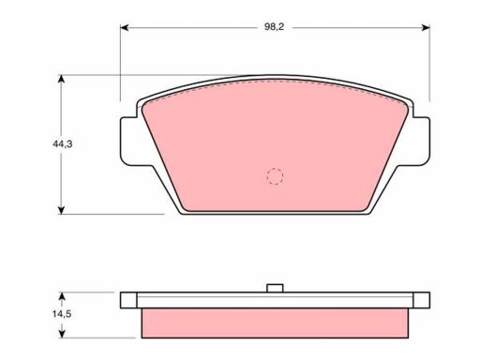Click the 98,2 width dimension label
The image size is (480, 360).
point(274,27)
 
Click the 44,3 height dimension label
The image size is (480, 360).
point(63,144)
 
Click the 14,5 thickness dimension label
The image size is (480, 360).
point(62,314)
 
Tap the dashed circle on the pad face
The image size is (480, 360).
point(275,176)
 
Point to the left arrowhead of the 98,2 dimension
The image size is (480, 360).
point(125,27)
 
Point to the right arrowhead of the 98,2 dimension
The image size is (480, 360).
point(426,27)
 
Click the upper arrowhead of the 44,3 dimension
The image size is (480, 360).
point(61,79)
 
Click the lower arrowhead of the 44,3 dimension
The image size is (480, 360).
point(61,210)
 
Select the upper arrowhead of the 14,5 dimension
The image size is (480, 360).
point(62,296)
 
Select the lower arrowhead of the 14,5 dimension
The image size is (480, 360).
point(62,334)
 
